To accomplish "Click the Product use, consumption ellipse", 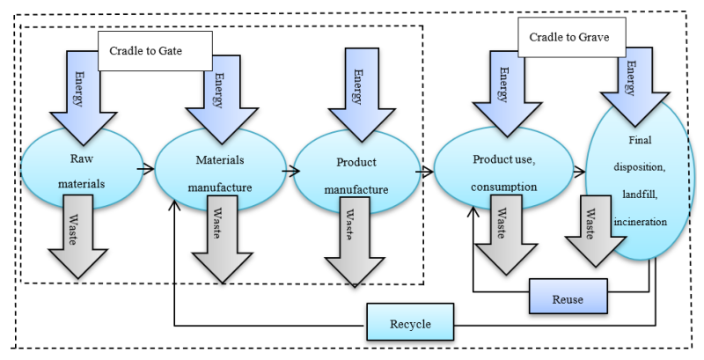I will [504, 171].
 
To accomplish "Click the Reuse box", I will [568, 298].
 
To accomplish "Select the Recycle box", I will [410, 323].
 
